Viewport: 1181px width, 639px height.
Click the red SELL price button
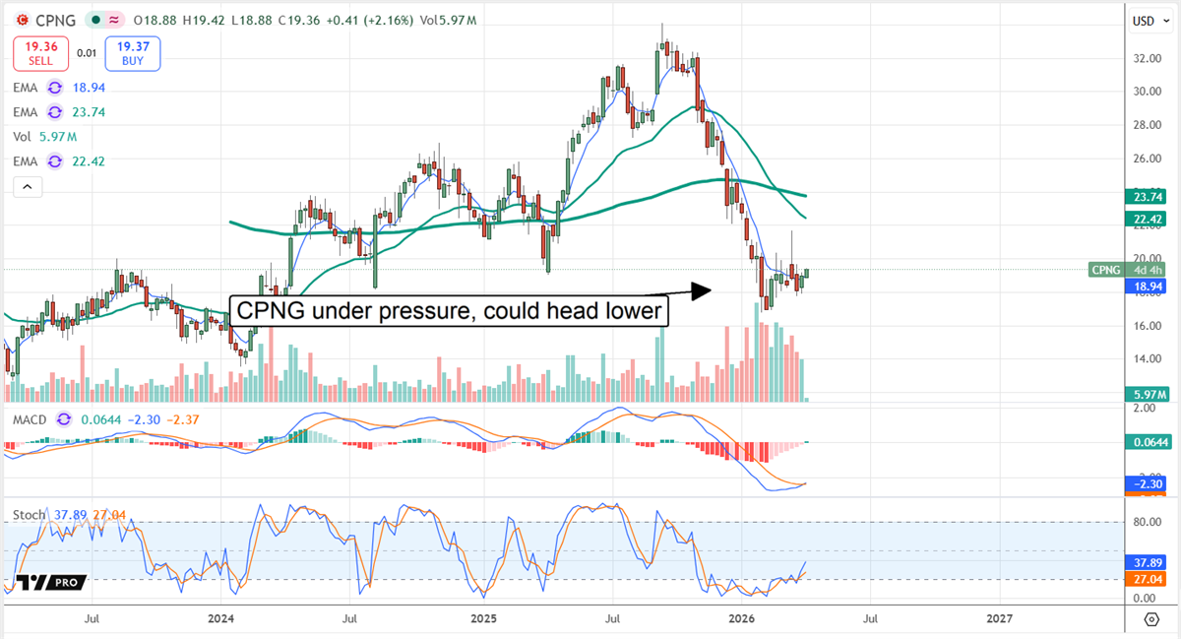38,53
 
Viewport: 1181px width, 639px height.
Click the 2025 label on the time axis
483,619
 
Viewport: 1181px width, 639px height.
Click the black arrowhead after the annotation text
699,290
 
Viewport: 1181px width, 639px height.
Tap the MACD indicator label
29,419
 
